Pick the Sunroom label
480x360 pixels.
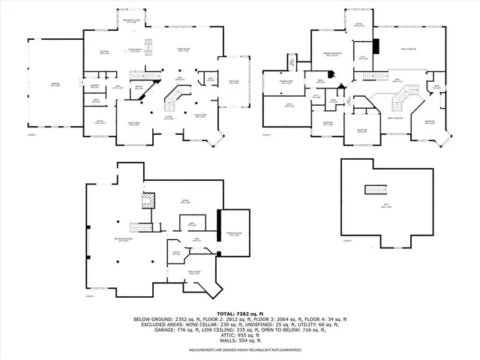pyautogui.click(x=234, y=82)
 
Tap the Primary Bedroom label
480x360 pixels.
pyautogui.click(x=329, y=55)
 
